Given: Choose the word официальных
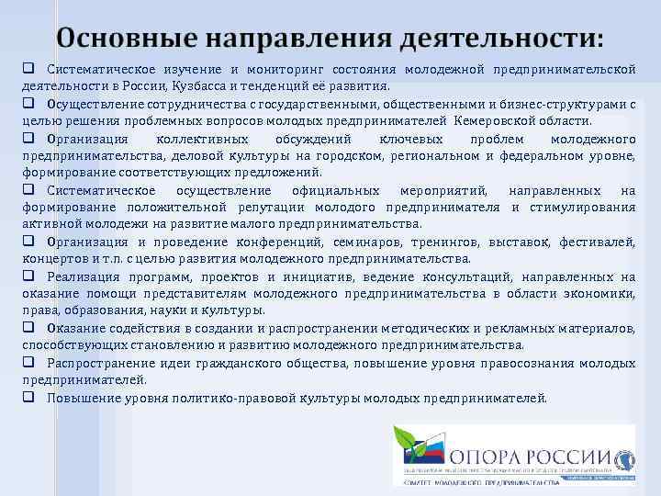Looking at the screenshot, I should click(x=335, y=190).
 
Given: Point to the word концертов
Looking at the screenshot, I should click(x=50, y=259).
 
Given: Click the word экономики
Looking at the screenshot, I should click(x=605, y=294).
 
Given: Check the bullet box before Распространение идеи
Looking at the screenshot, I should click(x=28, y=363).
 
